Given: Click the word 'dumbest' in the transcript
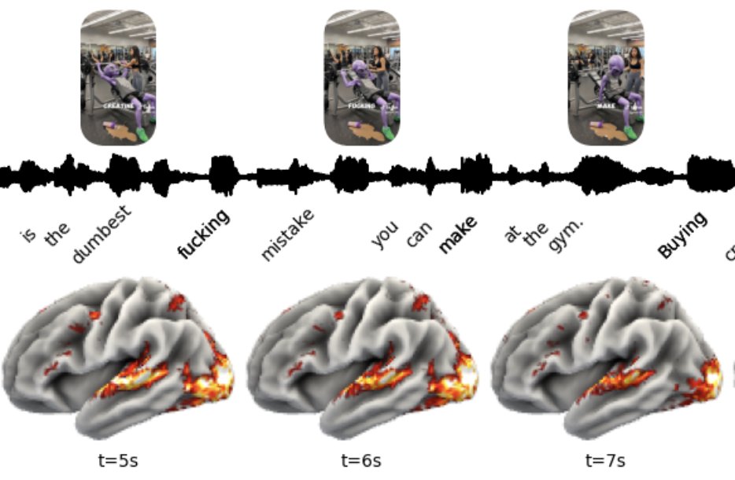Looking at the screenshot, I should pyautogui.click(x=100, y=234).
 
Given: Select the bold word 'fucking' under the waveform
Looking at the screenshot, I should pyautogui.click(x=204, y=234).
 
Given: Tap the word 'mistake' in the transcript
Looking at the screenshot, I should pyautogui.click(x=287, y=234).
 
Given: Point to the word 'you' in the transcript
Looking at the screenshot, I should pyautogui.click(x=385, y=235).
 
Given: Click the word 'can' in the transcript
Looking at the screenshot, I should pyautogui.click(x=420, y=234).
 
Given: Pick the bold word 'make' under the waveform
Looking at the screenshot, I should pyautogui.click(x=459, y=234).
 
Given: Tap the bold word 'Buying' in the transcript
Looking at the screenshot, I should pyautogui.click(x=682, y=235).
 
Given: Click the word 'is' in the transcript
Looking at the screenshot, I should pyautogui.click(x=28, y=233).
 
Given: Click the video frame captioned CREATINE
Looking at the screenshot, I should pyautogui.click(x=118, y=77).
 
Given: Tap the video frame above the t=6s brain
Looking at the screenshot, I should pyautogui.click(x=362, y=77).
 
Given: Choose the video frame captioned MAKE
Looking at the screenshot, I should pyautogui.click(x=606, y=77).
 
